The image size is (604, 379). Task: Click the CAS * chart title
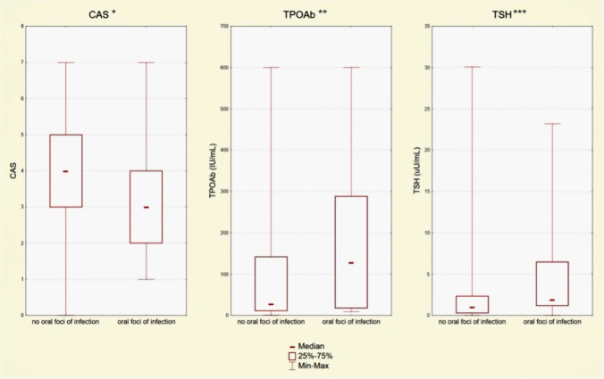pyautogui.click(x=103, y=14)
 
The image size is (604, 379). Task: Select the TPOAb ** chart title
pyautogui.click(x=305, y=14)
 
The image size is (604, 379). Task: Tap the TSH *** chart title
pyautogui.click(x=509, y=14)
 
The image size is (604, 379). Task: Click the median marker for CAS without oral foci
pyautogui.click(x=65, y=171)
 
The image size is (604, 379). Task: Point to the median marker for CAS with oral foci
pyautogui.click(x=146, y=207)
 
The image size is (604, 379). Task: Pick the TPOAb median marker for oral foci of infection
pyautogui.click(x=351, y=263)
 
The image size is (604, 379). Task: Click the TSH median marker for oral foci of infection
pyautogui.click(x=552, y=300)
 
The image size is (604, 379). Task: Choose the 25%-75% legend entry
pyautogui.click(x=310, y=356)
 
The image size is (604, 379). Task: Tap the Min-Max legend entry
pyautogui.click(x=309, y=366)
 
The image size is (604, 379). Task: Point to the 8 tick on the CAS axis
pyautogui.click(x=22, y=26)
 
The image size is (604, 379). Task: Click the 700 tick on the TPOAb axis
pyautogui.click(x=223, y=26)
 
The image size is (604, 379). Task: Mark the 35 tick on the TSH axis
pyautogui.click(x=426, y=26)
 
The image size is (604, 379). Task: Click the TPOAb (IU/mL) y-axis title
pyautogui.click(x=213, y=170)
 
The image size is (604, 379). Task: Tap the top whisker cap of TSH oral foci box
pyautogui.click(x=552, y=124)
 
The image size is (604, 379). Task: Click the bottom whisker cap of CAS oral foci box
pyautogui.click(x=146, y=279)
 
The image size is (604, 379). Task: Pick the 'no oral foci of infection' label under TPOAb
pyautogui.click(x=271, y=322)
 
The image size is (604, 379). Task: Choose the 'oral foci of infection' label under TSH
pyautogui.click(x=552, y=322)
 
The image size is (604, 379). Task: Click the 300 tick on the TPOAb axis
pyautogui.click(x=223, y=192)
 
